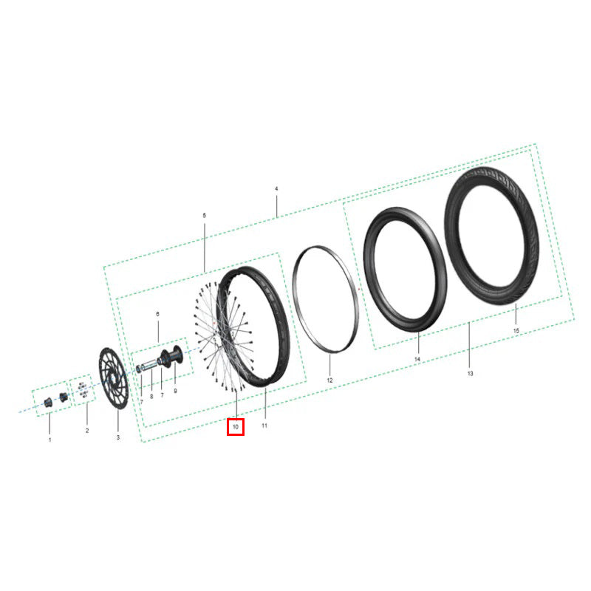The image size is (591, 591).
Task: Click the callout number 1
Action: pos(49,440)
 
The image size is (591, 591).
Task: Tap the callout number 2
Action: pos(87,431)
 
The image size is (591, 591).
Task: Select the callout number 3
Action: pos(118,437)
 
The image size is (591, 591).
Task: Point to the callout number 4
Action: pos(276,188)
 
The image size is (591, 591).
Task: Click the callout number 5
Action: pos(205,216)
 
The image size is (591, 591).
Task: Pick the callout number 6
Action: pos(157,314)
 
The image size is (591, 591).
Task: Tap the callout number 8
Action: pos(151,396)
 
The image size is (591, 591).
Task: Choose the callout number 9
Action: pos(175,391)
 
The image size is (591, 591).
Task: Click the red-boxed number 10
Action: pos(236,427)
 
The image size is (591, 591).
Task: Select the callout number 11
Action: pos(264,426)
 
